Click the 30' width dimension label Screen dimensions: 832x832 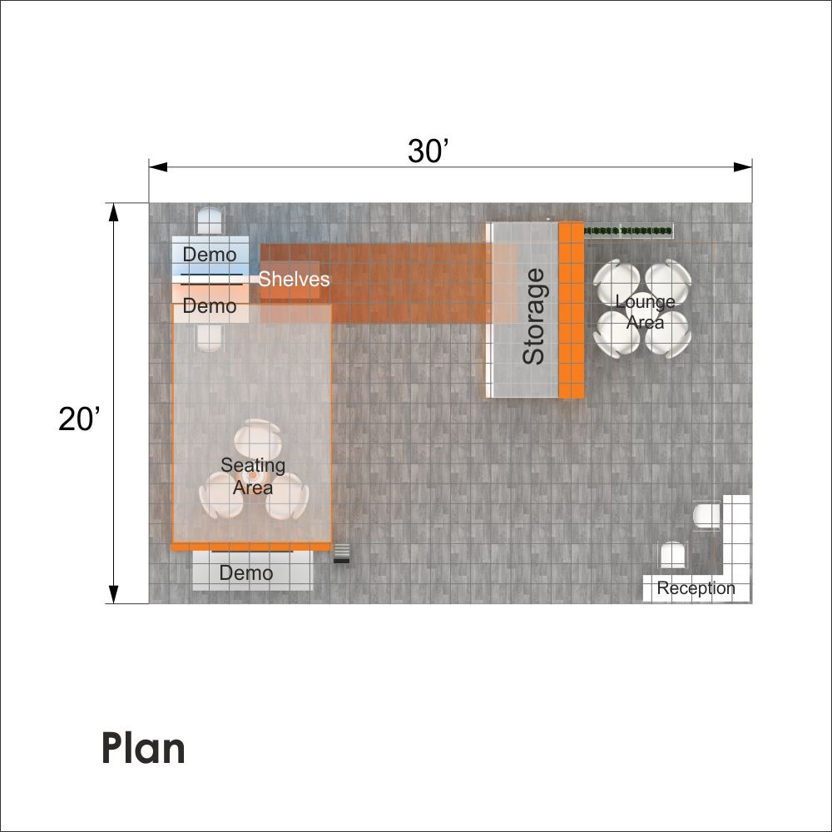coord(428,151)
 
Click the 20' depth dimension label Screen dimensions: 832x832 coord(79,419)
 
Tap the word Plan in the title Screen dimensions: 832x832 coord(143,748)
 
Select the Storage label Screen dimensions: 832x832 coord(533,316)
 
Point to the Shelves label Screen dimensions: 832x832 coord(294,279)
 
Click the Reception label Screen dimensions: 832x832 coord(696,588)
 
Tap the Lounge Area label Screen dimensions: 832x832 coord(645,312)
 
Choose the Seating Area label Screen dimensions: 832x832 coord(253,476)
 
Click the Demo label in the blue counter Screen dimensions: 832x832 coord(210,255)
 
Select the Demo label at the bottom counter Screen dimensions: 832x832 coord(246,573)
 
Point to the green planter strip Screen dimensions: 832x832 coord(628,230)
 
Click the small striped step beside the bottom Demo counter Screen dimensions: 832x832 coord(342,553)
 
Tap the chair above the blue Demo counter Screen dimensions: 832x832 coord(210,221)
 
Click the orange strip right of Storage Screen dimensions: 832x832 coord(571,310)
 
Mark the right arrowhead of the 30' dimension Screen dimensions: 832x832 coord(743,167)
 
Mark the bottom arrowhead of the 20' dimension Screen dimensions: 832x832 coord(113,594)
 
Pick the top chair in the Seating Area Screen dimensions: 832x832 coord(259,438)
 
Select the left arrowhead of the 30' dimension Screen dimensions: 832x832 coord(158,167)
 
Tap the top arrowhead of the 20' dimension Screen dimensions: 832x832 coord(113,212)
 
